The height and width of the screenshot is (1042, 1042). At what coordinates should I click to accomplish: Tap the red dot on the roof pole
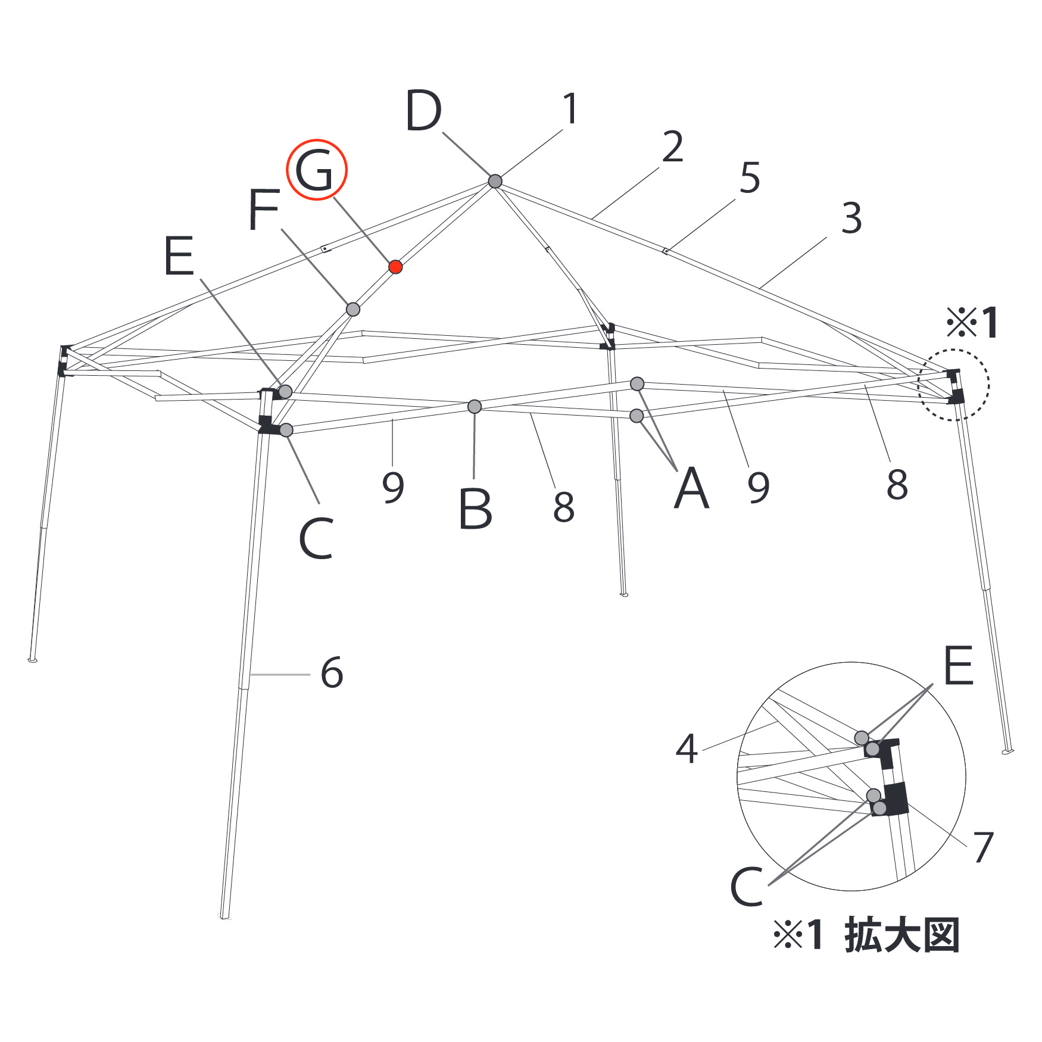(x=395, y=267)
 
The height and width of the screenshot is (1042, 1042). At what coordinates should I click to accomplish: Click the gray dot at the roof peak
(x=495, y=180)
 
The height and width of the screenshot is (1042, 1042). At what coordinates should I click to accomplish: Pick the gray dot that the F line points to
(x=353, y=309)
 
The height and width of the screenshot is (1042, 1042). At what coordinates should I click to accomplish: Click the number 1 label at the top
(x=570, y=109)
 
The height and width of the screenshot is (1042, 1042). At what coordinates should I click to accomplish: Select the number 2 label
(x=673, y=146)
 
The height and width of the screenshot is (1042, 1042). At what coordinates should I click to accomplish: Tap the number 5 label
(x=750, y=177)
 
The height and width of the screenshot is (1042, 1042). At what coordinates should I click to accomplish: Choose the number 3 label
(x=851, y=218)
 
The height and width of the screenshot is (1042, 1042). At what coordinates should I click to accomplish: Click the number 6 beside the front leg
(x=332, y=673)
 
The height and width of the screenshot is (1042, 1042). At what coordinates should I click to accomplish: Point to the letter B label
(x=476, y=509)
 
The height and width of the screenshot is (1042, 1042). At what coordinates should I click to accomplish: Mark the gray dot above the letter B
(x=475, y=407)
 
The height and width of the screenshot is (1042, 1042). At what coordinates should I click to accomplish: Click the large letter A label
(x=691, y=488)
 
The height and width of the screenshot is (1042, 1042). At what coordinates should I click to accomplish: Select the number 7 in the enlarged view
(x=983, y=847)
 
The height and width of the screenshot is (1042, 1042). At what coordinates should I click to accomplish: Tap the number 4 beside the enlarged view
(x=687, y=749)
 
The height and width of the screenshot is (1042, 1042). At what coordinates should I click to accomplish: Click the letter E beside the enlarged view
(x=958, y=664)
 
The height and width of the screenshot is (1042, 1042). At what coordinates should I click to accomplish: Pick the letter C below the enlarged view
(x=747, y=887)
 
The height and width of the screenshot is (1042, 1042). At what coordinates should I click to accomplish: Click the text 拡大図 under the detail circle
(x=901, y=935)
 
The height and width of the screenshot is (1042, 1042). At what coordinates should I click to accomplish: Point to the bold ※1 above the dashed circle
(x=972, y=323)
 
